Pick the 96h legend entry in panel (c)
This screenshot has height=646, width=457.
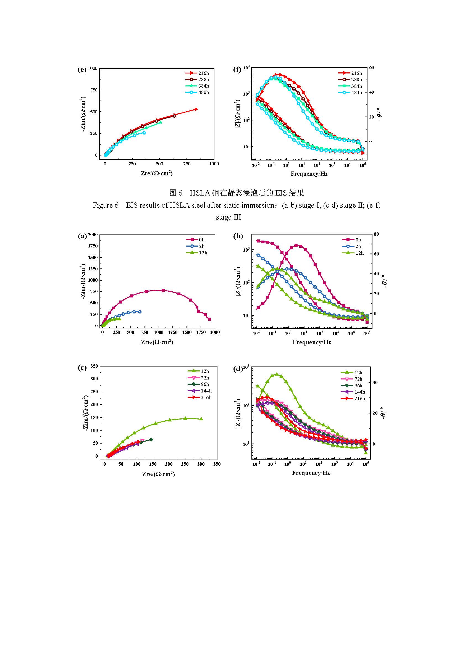pos(201,384)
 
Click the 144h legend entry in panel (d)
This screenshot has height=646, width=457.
pos(356,392)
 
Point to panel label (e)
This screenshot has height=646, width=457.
pos(82,70)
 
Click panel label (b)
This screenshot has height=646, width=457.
pos(238,236)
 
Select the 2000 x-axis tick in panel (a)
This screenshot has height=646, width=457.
pos(215,332)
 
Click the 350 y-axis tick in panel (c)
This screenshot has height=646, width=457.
pos(94,366)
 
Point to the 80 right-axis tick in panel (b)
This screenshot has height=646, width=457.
pos(376,234)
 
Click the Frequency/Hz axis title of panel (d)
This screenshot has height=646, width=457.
pos(311,473)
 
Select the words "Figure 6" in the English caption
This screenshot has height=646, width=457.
pos(106,205)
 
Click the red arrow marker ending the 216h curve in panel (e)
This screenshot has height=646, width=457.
pos(196,109)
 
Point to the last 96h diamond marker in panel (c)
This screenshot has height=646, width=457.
pos(151,439)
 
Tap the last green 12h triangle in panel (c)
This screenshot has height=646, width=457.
pos(201,419)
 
